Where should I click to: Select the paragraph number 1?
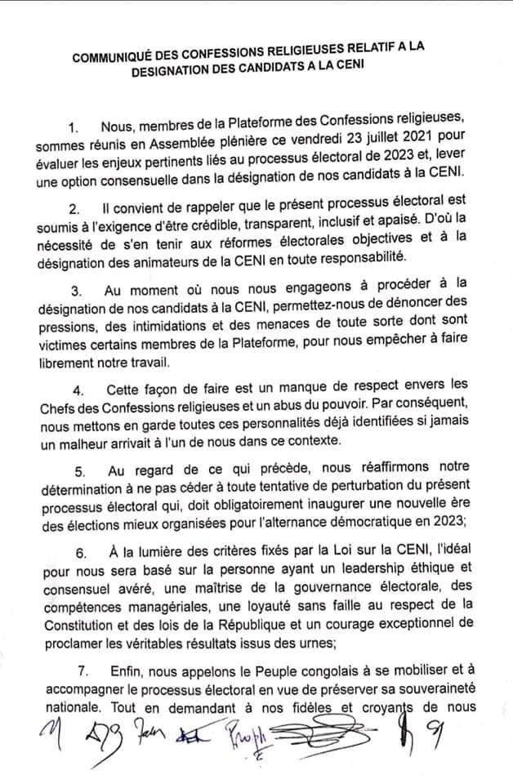[74, 127]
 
